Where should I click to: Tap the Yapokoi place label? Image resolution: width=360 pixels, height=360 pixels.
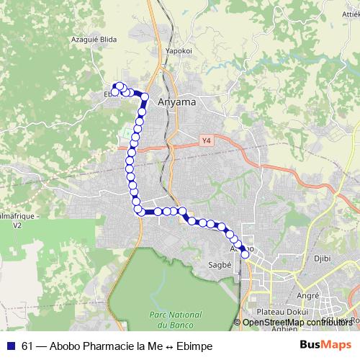tap(177, 51)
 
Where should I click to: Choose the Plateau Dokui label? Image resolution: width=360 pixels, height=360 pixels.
tap(277, 311)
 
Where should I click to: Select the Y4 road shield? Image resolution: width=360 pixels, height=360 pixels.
tap(207, 140)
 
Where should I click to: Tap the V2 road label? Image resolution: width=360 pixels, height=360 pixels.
tap(17, 225)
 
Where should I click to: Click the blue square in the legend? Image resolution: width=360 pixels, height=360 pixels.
tap(10, 346)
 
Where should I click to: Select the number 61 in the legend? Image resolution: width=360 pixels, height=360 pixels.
tap(27, 346)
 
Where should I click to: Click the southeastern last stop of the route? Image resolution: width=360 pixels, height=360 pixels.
tap(245, 253)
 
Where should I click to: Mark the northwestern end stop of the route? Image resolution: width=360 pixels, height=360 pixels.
tap(114, 91)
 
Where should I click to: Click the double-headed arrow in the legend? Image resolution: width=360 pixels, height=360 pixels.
tap(167, 346)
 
